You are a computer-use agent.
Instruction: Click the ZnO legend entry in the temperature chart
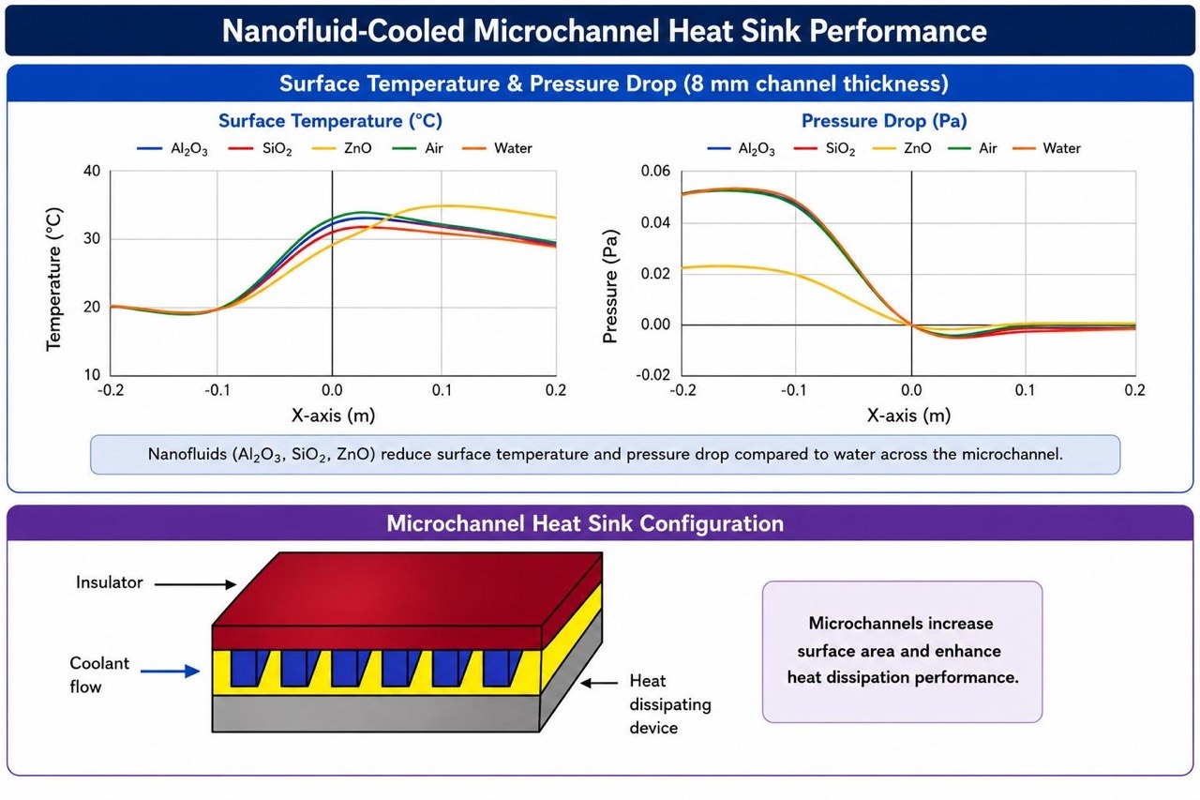coord(342,148)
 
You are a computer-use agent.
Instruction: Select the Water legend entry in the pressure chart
coord(1047,148)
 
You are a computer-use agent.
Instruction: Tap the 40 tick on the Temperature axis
coord(92,171)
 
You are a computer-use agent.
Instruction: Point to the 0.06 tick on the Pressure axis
coord(655,171)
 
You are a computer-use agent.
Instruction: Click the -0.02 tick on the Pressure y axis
coord(652,374)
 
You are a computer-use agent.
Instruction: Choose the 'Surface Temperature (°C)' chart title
coord(331,121)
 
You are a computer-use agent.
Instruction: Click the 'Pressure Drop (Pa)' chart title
coord(884,121)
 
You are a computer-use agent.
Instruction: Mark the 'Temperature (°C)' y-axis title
coord(54,279)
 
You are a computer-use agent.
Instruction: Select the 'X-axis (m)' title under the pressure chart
coord(908,415)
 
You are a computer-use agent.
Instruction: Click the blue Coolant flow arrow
coord(171,671)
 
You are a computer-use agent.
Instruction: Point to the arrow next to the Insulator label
coord(196,584)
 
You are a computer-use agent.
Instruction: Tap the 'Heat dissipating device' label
coord(670,704)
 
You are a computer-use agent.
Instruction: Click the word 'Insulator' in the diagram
coord(110,582)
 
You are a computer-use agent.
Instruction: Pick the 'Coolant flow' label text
coord(99,675)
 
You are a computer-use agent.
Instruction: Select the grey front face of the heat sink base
coord(376,714)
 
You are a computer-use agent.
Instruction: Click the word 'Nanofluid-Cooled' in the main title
coord(343,31)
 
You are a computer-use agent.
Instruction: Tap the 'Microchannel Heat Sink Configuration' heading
coord(585,523)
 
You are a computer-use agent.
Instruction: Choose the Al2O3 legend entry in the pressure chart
coord(741,149)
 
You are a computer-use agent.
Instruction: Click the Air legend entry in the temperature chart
coord(418,148)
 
